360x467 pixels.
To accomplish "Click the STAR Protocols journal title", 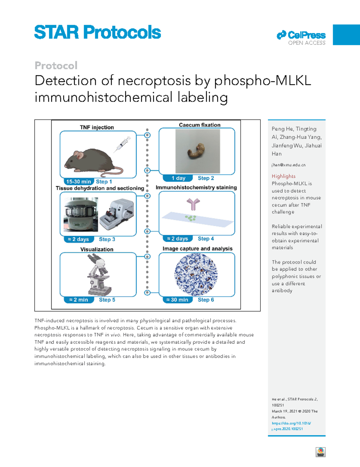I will tap(97, 32).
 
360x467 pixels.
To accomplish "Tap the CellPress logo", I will tap(301, 35).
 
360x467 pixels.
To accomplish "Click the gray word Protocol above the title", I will tap(56, 65).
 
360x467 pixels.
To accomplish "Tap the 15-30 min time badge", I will tap(78, 182).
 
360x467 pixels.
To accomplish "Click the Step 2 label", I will tap(206, 178).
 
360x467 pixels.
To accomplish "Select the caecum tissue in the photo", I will tap(197, 151).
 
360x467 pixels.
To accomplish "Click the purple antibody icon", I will tap(193, 204).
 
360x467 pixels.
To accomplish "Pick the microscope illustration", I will tap(98, 274).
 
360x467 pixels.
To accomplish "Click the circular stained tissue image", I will tap(196, 274).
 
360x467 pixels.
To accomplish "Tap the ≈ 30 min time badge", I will tap(177, 300).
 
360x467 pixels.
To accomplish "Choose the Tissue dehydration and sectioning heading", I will tap(100, 188).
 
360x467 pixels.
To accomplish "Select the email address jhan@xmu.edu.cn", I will tap(289, 165).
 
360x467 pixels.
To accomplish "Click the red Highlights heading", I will tap(283, 176).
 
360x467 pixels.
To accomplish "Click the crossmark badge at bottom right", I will tap(321, 452).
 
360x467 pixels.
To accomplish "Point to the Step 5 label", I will tap(107, 300).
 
